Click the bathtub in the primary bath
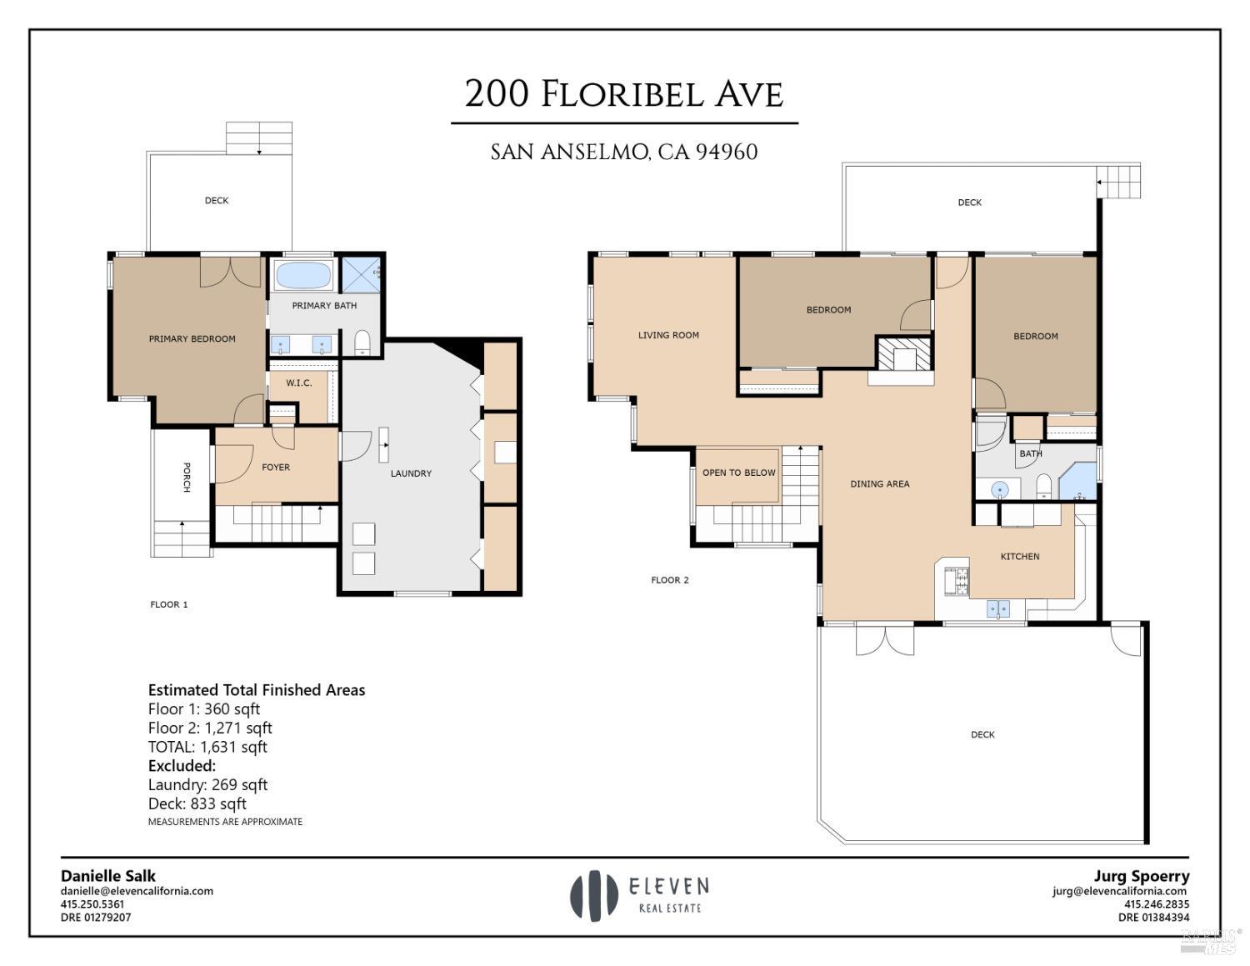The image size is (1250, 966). tap(302, 275)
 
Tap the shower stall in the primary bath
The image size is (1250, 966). tap(361, 274)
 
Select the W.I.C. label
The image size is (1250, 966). tap(299, 383)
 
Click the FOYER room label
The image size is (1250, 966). tap(276, 468)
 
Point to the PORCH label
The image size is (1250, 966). tap(187, 477)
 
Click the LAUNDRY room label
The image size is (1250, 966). tap(411, 473)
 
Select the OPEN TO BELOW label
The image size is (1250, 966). tap(738, 473)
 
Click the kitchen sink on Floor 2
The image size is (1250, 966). tap(998, 609)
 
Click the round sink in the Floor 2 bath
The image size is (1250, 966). tap(999, 489)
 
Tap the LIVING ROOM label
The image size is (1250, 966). tap(668, 335)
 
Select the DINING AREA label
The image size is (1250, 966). tap(879, 483)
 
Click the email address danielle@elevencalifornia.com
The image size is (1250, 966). tap(137, 891)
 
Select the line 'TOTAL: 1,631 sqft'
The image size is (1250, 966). tap(207, 747)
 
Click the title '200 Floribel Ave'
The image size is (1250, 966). tap(624, 93)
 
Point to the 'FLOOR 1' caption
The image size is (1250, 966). tap(168, 604)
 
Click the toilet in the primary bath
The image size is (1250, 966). tap(362, 342)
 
